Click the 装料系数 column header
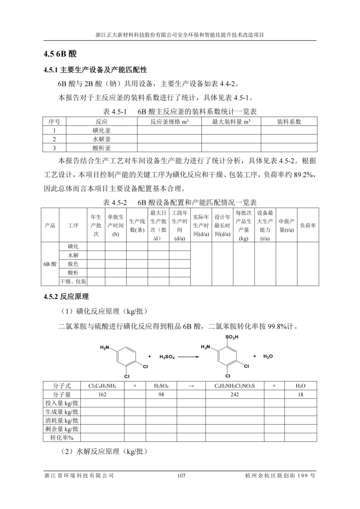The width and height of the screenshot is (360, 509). pos(289,122)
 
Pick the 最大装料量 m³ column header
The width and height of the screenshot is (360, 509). pos(231,122)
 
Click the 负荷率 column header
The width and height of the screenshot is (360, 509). pos(308,225)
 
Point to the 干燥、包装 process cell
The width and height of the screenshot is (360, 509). pos(73,282)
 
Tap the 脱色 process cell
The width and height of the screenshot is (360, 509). pos(73,264)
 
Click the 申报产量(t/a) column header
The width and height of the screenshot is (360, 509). pos(286,225)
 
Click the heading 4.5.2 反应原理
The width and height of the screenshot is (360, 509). pos(66,297)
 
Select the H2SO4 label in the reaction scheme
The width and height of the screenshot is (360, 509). pos(167,357)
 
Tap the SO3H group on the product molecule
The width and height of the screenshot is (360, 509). pos(231,337)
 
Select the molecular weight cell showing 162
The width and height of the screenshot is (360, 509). pos(102,394)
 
